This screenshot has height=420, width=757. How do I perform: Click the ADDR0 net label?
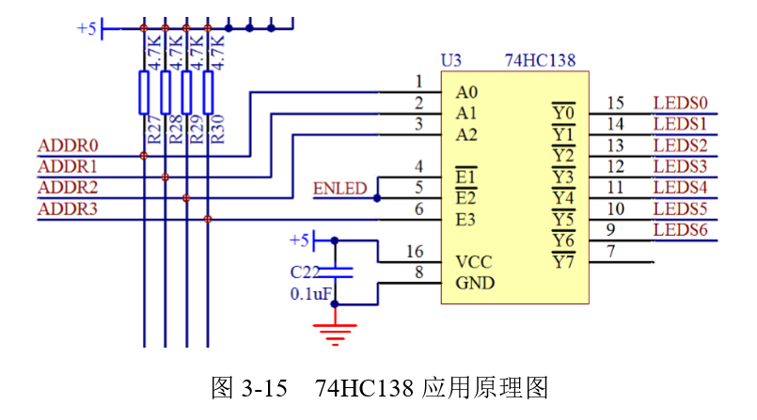[68, 147]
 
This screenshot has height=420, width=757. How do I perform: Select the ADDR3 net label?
[68, 209]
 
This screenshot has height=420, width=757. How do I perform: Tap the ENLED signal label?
[339, 189]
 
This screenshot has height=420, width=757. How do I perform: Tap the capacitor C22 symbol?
[336, 272]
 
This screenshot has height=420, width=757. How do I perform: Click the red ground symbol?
[336, 330]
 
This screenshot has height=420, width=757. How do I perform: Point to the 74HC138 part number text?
[540, 61]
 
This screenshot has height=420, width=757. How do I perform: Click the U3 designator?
[451, 61]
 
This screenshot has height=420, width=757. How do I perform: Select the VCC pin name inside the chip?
[474, 262]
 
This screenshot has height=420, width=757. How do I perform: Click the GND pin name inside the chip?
[475, 283]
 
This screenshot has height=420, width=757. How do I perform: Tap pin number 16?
[415, 252]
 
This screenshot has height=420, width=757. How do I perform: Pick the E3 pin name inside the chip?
[465, 220]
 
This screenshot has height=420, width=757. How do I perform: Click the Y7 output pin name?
[562, 262]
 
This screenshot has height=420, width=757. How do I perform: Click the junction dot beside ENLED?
[377, 198]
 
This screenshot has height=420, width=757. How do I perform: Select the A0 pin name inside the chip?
[466, 92]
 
